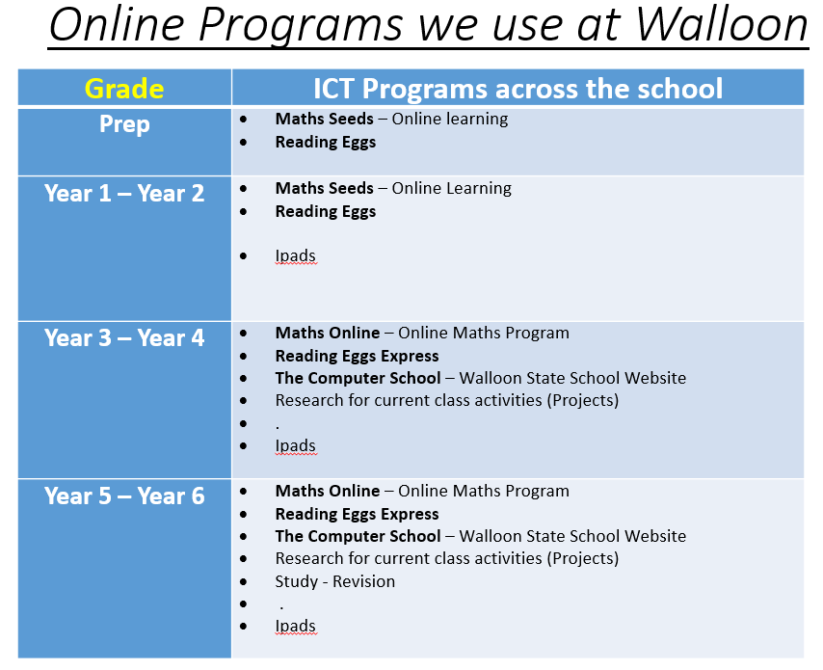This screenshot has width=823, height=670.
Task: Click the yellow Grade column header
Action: click(124, 89)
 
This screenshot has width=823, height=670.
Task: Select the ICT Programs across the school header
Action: click(518, 89)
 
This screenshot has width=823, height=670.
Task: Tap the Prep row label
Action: click(124, 124)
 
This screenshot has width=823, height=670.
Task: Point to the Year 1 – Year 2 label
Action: click(124, 193)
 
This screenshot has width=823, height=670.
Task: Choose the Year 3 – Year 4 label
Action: click(124, 338)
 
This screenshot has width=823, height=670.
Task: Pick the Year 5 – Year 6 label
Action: click(124, 496)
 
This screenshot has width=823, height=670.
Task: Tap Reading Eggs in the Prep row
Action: click(326, 142)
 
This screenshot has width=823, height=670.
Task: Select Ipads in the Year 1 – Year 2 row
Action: click(295, 255)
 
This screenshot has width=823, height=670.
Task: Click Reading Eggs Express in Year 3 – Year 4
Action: click(357, 356)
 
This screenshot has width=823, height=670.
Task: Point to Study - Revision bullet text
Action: click(334, 581)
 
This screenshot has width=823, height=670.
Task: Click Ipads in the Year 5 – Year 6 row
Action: click(295, 626)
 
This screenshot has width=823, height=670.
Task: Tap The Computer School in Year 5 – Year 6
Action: click(358, 536)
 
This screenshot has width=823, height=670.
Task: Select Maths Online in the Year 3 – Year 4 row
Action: click(328, 333)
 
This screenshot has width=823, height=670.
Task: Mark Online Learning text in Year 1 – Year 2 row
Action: click(451, 188)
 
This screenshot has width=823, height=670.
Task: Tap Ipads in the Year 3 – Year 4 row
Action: click(295, 445)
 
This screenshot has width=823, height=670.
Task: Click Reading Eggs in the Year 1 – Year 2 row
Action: click(326, 211)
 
